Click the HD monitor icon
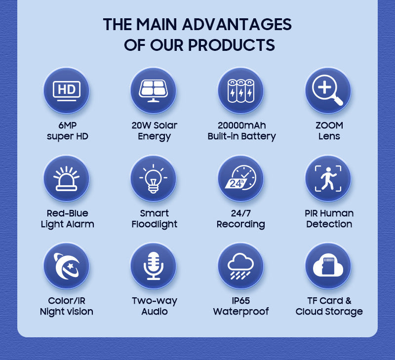[x=66, y=90]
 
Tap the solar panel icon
[x=154, y=90]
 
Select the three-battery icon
[x=241, y=90]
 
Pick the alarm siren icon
[x=66, y=178]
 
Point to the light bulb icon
[x=154, y=178]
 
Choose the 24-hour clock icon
[x=241, y=178]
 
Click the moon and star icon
[x=66, y=266]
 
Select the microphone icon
[x=154, y=266]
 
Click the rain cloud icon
[x=241, y=266]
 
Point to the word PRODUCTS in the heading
[x=232, y=45]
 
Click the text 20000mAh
[x=241, y=125]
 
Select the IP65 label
[x=241, y=301]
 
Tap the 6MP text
[x=67, y=125]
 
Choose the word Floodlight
[x=154, y=224]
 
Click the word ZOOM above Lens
[x=329, y=125]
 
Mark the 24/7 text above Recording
[x=241, y=213]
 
